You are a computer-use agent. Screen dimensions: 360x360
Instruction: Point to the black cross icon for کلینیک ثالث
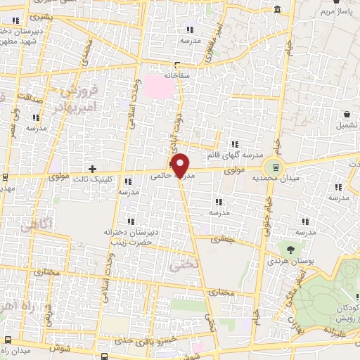pos(92,168)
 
